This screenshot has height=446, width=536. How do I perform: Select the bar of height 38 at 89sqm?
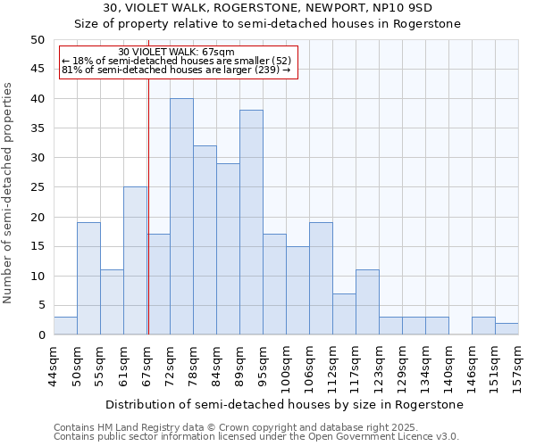pyautogui.click(x=251, y=223)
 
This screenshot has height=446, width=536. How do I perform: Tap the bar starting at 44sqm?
pyautogui.click(x=65, y=326)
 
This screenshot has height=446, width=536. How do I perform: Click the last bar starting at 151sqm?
pyautogui.click(x=507, y=329)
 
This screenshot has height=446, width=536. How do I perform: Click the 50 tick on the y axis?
pyautogui.click(x=38, y=40)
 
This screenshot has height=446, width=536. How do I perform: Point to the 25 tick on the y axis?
pyautogui.click(x=38, y=187)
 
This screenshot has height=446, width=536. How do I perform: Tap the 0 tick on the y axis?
pyautogui.click(x=41, y=335)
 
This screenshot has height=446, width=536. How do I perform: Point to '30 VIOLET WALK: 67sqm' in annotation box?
pyautogui.click(x=176, y=52)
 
